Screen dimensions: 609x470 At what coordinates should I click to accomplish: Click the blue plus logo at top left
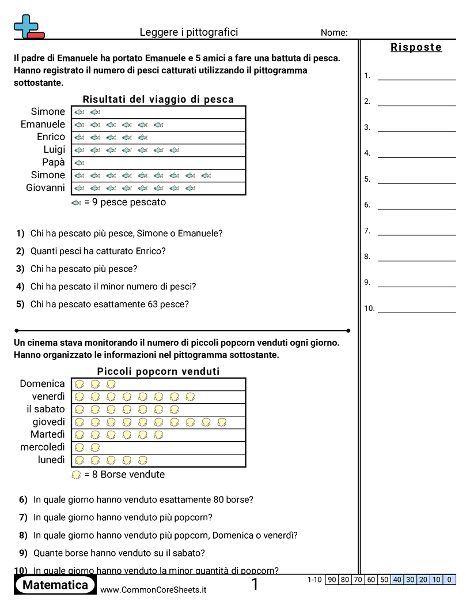tap(26, 26)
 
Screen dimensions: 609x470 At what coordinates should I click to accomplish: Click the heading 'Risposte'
tap(416, 47)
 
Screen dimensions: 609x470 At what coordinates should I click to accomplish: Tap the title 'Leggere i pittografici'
tap(188, 32)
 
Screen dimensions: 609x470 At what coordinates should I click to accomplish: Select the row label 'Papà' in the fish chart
tap(54, 162)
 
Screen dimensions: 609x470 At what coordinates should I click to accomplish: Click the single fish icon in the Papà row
tap(79, 163)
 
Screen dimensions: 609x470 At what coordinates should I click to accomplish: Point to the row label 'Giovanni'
tap(46, 187)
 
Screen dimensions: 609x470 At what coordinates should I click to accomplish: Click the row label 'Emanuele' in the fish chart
tap(43, 124)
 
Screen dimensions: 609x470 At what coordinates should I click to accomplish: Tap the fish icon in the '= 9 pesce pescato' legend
tap(76, 202)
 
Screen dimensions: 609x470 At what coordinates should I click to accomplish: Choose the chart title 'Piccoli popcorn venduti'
tap(158, 371)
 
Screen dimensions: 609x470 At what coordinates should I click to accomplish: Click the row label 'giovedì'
tap(48, 422)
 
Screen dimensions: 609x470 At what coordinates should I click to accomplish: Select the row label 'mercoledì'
tap(43, 447)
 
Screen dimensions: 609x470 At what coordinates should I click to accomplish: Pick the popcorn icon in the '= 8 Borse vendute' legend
tap(76, 475)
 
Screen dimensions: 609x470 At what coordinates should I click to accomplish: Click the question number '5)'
tap(20, 304)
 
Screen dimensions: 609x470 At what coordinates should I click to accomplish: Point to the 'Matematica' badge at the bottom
tap(55, 585)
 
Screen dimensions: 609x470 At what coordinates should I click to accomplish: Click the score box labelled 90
tap(332, 580)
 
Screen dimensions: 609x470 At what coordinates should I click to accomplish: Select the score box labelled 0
tap(449, 580)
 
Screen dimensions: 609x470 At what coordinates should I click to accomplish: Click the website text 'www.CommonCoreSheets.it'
tap(153, 590)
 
